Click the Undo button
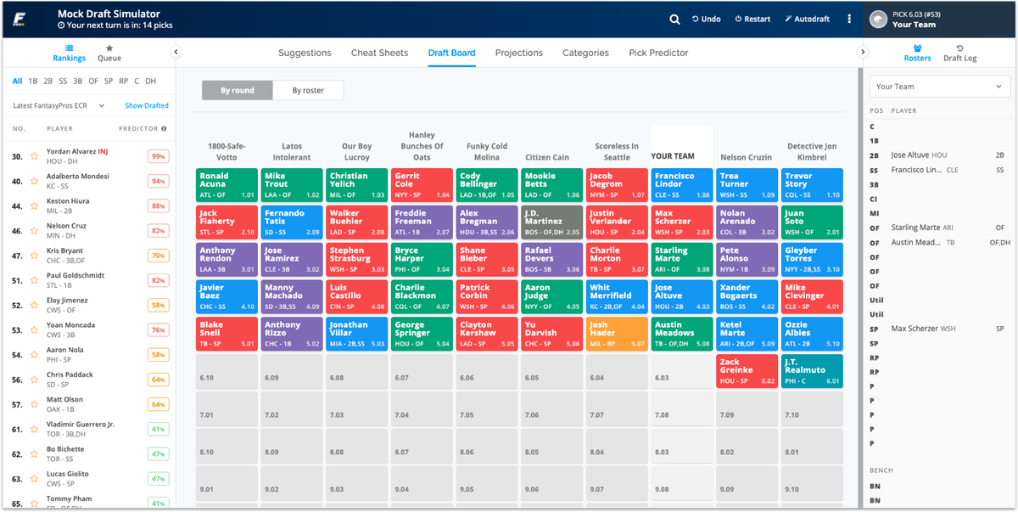point(707,19)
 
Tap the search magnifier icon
point(674,19)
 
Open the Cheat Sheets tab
point(379,53)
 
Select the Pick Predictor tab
point(658,53)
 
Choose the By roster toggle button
point(308,90)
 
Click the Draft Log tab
point(959,53)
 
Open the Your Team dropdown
point(940,87)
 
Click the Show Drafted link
point(147,105)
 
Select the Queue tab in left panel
point(109,53)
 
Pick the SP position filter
point(108,82)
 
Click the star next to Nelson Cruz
point(35,231)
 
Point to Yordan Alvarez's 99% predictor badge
point(157,156)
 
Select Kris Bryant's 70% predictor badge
point(157,256)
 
